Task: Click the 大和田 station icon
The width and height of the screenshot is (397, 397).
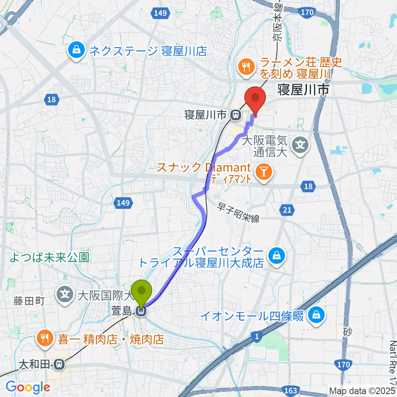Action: click(59, 364)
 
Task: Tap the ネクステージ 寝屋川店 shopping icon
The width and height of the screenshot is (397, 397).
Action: click(76, 51)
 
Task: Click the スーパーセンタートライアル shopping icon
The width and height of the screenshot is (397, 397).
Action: click(274, 256)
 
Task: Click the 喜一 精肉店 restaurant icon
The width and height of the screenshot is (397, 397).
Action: click(44, 339)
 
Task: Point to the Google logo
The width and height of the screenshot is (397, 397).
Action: click(28, 387)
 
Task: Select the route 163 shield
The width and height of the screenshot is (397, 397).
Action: click(291, 390)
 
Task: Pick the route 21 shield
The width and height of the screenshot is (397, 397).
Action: click(287, 210)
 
